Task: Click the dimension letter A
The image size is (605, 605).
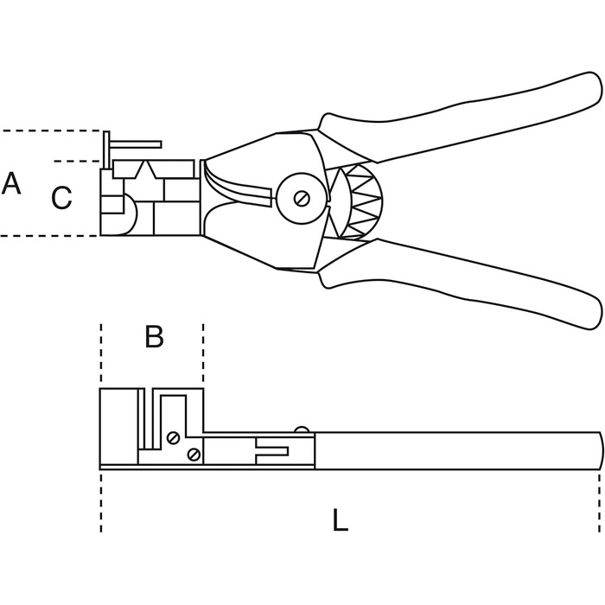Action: (x=10, y=183)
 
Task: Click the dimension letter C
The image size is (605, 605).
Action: (x=61, y=198)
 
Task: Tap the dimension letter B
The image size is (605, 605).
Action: (x=155, y=336)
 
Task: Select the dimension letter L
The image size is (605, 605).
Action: (x=340, y=519)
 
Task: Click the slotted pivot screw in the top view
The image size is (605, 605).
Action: (x=302, y=199)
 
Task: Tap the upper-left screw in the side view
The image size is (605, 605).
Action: (x=173, y=438)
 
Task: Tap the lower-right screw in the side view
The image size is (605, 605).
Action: (x=194, y=455)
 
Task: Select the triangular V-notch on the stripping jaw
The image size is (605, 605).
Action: (x=144, y=169)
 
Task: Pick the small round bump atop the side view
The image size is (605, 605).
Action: (x=302, y=430)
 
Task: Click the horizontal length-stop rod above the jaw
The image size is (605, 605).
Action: (x=135, y=144)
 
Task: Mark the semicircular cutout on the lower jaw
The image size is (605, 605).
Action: (x=130, y=214)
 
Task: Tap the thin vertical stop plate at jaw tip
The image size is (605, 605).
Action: (x=106, y=150)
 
